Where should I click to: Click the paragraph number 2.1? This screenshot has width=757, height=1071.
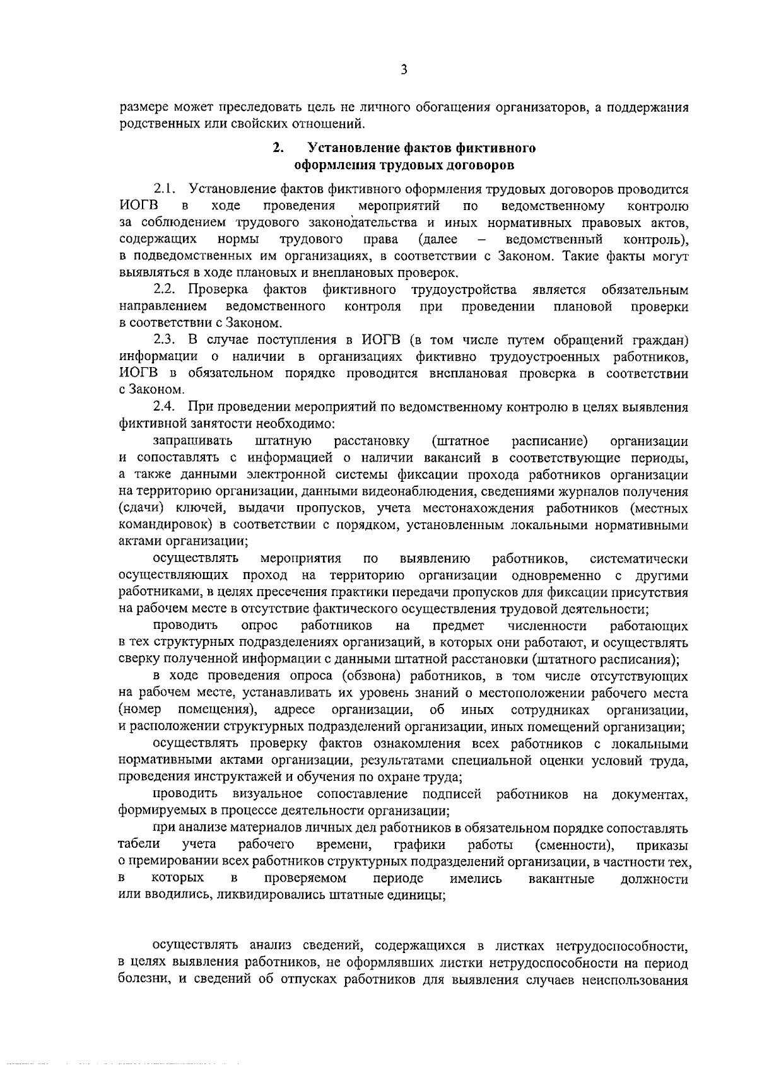point(167,189)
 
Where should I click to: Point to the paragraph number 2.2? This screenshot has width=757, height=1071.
point(167,290)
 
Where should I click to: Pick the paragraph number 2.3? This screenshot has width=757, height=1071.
point(167,340)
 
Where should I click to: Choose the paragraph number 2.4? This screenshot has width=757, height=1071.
point(167,407)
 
